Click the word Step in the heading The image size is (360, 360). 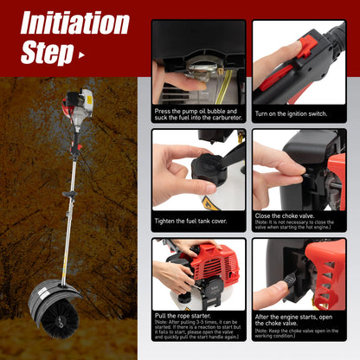47,54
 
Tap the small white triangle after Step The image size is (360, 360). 82,55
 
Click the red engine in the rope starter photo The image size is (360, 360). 212,264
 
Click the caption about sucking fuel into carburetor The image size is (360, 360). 198,115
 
